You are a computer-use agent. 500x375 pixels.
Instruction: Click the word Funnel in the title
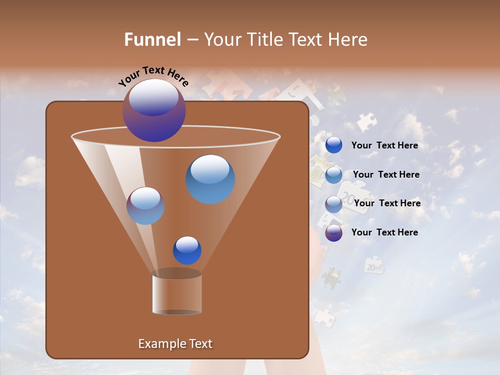coord(153,40)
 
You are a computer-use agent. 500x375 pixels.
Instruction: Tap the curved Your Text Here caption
coord(154,76)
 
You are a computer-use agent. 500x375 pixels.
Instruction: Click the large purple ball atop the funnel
coord(154,110)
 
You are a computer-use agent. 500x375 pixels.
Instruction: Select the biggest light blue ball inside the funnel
coord(210,179)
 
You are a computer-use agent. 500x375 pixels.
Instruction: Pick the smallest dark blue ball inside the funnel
coord(187,250)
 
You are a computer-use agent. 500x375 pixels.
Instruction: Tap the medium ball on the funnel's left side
coord(145,206)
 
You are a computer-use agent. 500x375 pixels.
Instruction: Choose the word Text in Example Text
coord(201,344)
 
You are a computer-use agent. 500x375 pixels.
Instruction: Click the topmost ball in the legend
coord(334,145)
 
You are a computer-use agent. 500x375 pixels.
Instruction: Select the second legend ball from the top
coord(334,175)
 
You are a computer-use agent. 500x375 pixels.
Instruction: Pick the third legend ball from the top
coord(334,204)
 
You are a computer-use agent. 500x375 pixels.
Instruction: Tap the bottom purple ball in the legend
coord(334,233)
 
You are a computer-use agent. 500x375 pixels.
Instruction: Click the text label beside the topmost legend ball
coord(384,146)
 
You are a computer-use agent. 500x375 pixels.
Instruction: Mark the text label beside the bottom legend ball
coord(384,232)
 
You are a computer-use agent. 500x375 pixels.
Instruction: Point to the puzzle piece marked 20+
coord(374,266)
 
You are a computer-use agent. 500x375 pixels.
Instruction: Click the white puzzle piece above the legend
coord(367,122)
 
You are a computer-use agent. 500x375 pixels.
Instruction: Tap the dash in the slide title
coord(192,40)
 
